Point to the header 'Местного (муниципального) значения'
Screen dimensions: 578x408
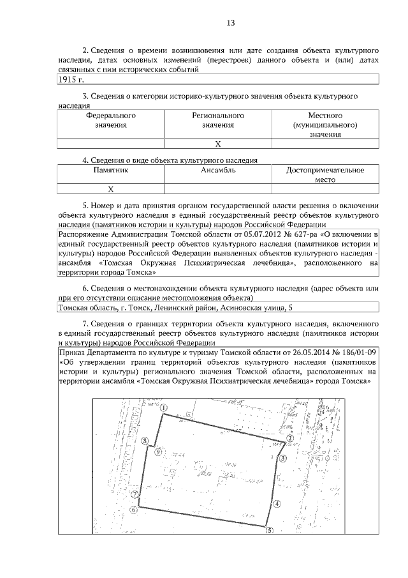coord(325,126)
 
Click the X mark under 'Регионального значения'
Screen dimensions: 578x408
coord(218,144)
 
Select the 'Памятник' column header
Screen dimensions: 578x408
coord(111,171)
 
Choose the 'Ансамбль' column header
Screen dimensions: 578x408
coord(218,171)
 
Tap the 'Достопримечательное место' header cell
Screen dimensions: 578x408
coord(325,175)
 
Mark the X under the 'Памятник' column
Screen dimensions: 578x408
coord(111,189)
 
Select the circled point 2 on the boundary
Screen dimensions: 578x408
coord(289,439)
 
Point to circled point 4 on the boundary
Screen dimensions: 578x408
coord(277,503)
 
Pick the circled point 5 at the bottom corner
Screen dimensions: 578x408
coord(269,529)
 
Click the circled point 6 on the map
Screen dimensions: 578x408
coord(133,510)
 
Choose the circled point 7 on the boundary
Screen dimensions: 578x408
coord(135,494)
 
